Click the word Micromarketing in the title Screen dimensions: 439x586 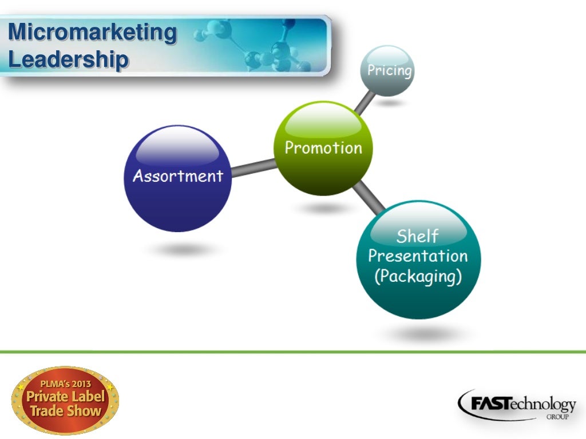93,32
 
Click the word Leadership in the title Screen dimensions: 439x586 68,59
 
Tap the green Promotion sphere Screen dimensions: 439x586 323,148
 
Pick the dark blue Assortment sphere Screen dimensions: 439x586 178,178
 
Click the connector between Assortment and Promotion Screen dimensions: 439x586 254,168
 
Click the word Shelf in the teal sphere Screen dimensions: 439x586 418,236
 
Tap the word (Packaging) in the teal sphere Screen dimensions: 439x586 418,277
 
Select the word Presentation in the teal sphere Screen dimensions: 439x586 418,256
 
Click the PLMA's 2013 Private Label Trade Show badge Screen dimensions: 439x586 65,401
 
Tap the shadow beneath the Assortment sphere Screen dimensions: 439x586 180,250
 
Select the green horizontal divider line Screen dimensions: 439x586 293,352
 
